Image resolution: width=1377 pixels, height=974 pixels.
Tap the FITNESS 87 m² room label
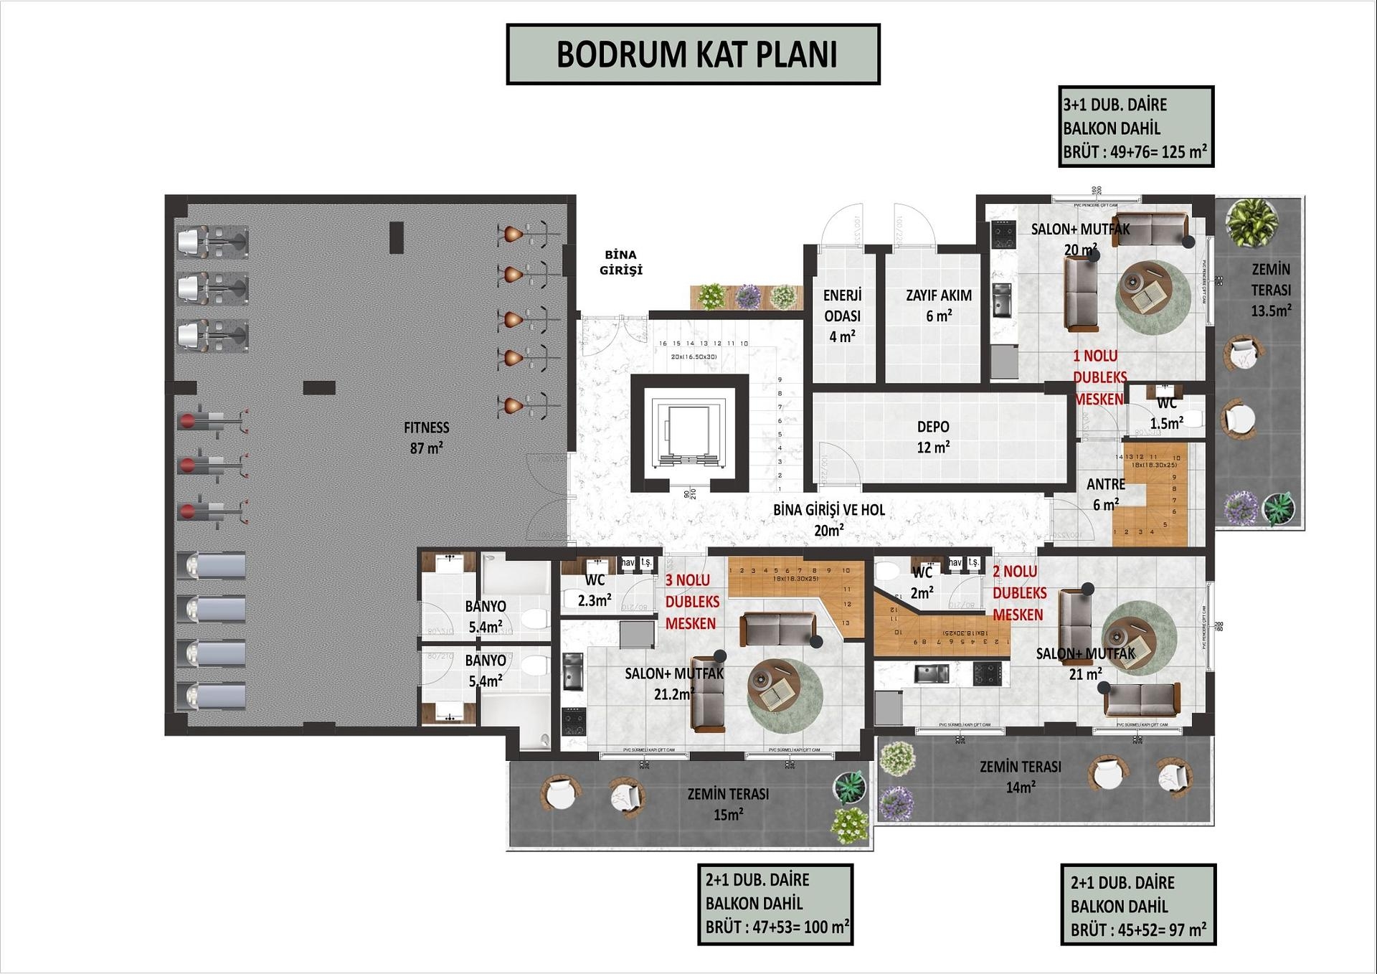click(426, 438)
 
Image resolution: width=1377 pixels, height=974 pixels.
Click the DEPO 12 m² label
click(933, 436)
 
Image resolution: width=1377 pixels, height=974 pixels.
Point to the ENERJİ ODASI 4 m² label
click(842, 316)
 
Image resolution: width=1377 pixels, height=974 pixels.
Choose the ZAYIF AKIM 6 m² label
click(938, 305)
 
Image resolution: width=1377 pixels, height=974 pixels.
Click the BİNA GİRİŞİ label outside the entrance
click(621, 263)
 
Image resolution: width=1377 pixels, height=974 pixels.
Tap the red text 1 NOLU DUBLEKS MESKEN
click(1099, 377)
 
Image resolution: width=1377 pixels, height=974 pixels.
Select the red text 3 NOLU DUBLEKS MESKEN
click(691, 602)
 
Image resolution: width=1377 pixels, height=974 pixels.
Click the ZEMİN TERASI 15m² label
click(728, 804)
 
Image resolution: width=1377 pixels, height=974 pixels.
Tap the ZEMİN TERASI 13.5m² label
click(1271, 290)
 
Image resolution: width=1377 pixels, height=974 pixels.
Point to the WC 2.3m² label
click(595, 590)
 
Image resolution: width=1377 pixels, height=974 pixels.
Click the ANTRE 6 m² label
click(1105, 494)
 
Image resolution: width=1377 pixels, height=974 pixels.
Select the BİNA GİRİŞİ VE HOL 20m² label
click(828, 519)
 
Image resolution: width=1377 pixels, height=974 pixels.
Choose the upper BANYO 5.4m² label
click(486, 616)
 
